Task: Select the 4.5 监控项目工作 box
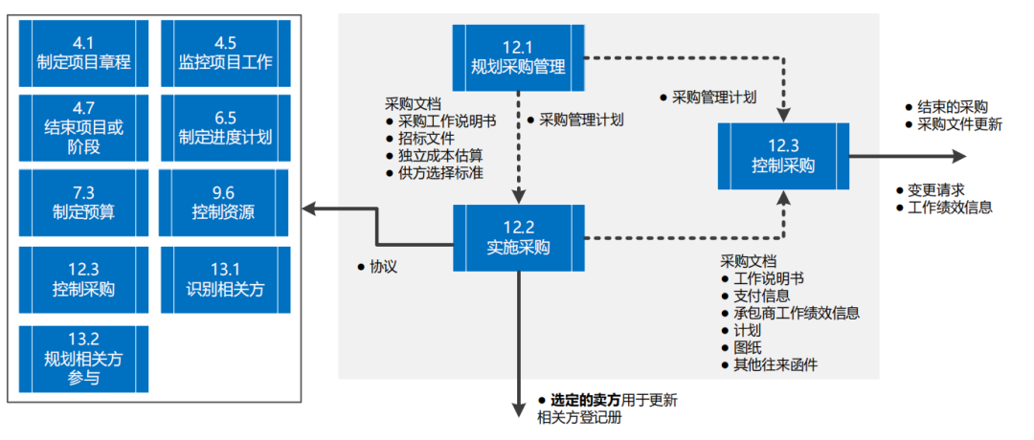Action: pyautogui.click(x=225, y=53)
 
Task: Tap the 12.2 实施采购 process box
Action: pyautogui.click(x=518, y=238)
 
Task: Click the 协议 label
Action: pyautogui.click(x=383, y=267)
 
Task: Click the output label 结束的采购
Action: pyautogui.click(x=952, y=107)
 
